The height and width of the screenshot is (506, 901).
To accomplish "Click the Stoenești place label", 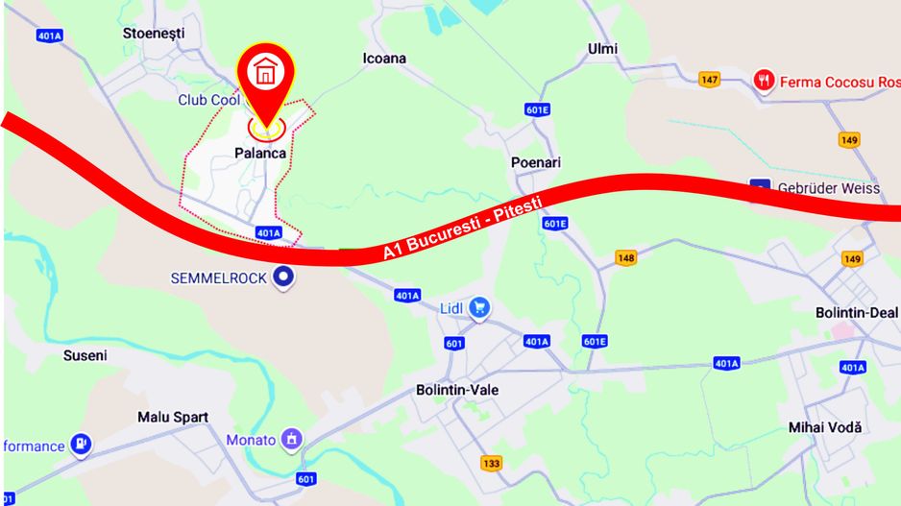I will [x=153, y=34].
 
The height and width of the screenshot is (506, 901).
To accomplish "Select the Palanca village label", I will [x=259, y=153].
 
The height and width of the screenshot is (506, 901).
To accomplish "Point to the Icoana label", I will [x=384, y=59].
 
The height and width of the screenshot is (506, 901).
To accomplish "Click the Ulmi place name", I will [x=602, y=49].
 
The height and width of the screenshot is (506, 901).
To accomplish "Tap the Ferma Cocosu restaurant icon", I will [x=764, y=81].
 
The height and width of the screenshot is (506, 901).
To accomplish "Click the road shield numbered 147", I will [x=709, y=80].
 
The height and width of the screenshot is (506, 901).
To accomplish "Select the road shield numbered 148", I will [x=626, y=258].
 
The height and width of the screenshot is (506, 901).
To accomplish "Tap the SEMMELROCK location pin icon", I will [x=283, y=278].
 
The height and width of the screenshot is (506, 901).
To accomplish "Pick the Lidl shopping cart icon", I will [x=479, y=308].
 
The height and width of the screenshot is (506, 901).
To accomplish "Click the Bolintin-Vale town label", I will [x=457, y=391].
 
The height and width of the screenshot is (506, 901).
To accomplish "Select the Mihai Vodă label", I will [x=825, y=427].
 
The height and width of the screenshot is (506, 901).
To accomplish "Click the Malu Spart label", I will [x=172, y=418].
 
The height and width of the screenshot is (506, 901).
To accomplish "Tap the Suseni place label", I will [x=85, y=355].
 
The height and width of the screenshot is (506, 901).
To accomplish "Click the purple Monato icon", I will [x=292, y=440].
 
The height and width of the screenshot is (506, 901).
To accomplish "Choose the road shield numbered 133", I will [x=492, y=464].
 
